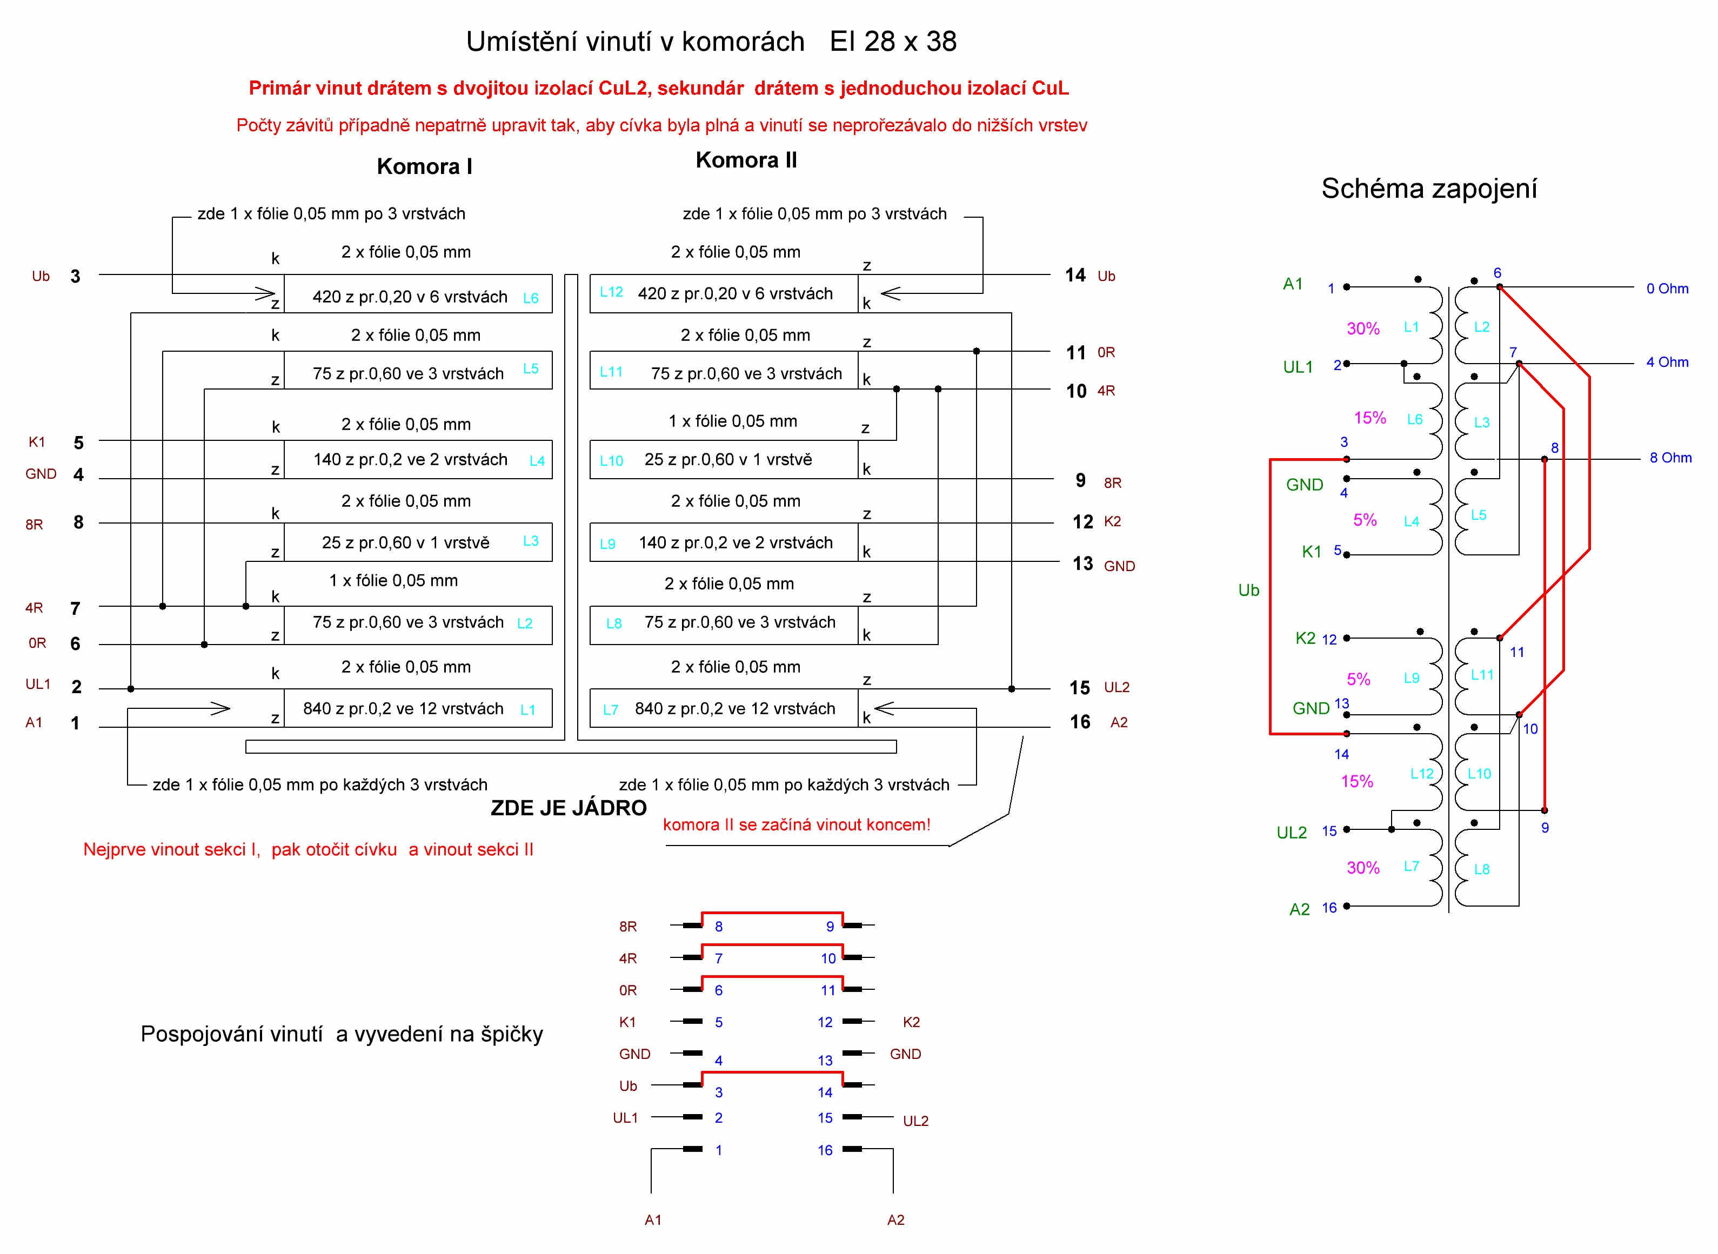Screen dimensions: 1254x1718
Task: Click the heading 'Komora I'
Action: coord(424,166)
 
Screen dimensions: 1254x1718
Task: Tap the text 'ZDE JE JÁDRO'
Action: coord(568,808)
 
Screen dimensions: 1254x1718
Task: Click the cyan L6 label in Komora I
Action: coord(531,298)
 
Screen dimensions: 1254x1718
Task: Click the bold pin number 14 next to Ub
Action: coord(1074,275)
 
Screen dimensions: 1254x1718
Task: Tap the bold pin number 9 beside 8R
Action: coord(1080,480)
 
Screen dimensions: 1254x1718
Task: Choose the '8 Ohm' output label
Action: coord(1669,458)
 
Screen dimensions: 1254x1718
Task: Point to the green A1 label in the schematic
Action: coord(1292,284)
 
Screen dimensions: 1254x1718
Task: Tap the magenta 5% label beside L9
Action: coord(1358,679)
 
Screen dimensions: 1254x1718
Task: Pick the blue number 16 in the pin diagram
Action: coord(825,1150)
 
